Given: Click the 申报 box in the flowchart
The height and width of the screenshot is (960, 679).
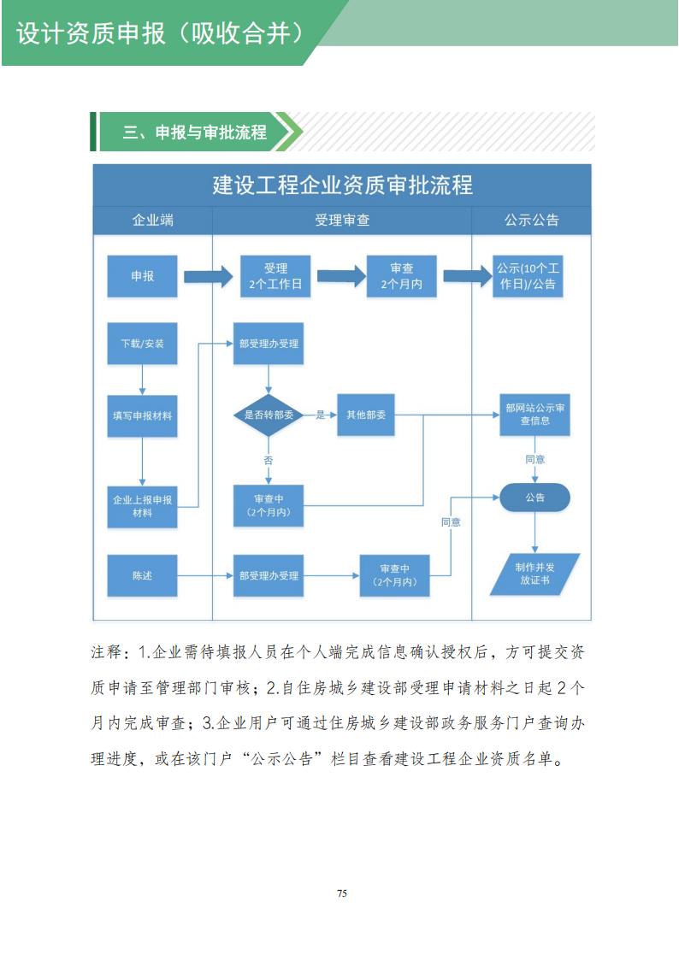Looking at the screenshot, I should tap(142, 276).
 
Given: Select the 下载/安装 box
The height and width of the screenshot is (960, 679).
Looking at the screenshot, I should tap(142, 344).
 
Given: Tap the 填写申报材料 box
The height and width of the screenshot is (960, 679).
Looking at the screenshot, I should tap(142, 416).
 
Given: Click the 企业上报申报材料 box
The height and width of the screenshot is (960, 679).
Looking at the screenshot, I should tap(142, 505).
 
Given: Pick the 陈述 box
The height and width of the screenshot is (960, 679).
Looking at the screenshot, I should tap(142, 575).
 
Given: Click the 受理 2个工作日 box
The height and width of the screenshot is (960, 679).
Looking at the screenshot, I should tap(275, 276).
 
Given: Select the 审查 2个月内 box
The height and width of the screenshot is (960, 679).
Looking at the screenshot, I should tap(401, 276).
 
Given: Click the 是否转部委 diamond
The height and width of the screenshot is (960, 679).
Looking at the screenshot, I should tap(269, 415).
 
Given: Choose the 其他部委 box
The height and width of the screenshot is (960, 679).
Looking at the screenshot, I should tap(366, 415).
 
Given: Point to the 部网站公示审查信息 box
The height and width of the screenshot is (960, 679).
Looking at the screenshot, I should tap(534, 415).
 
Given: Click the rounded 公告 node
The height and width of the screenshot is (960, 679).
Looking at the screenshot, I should tap(534, 497).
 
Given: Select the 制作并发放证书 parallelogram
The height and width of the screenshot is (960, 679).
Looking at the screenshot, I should tap(534, 574).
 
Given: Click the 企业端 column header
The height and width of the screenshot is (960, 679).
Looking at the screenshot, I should tap(152, 220).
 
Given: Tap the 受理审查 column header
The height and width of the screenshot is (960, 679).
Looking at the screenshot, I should tap(341, 220).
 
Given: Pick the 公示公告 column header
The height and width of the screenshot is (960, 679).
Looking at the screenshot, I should tap(531, 220).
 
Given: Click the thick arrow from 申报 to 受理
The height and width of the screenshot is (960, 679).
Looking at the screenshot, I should tap(209, 276).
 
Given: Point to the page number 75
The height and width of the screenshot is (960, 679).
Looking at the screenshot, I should tap(341, 893).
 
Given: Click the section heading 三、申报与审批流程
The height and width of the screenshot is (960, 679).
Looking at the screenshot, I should tap(194, 133).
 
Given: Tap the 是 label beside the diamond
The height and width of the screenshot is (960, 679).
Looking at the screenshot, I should tap(321, 415).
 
